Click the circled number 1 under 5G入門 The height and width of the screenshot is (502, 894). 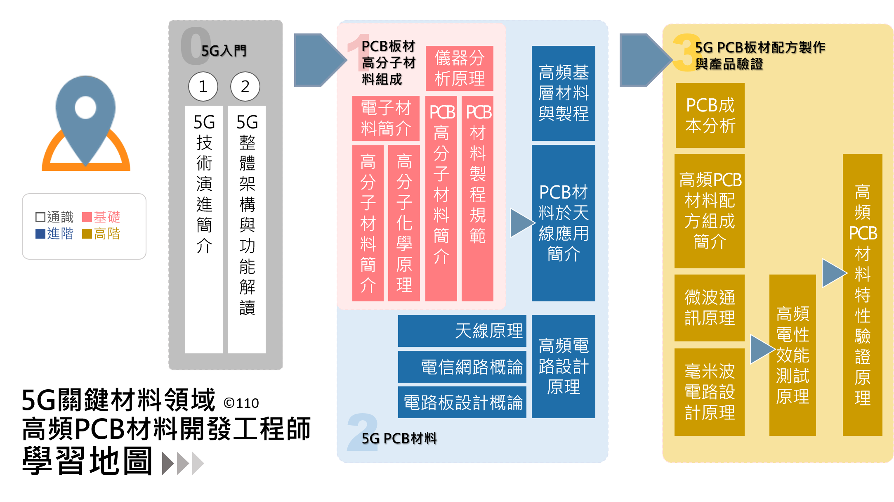[203, 87]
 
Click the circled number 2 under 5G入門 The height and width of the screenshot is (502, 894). [245, 87]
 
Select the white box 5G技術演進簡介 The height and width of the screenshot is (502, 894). [204, 229]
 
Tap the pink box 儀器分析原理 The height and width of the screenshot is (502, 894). [459, 68]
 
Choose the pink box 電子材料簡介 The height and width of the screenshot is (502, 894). [386, 118]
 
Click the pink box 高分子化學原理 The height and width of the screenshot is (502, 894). [404, 223]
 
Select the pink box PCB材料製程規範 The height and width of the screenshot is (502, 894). [477, 198]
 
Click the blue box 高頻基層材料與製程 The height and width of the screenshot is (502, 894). [563, 93]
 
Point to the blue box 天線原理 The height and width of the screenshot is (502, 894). [462, 331]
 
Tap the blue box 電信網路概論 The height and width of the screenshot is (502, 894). [462, 367]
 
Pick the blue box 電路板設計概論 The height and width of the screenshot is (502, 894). [462, 402]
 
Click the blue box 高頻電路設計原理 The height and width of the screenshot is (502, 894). [563, 366]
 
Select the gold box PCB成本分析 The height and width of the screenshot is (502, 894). [710, 115]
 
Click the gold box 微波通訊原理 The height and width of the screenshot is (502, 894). [710, 308]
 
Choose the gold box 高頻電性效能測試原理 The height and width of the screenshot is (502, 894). [793, 355]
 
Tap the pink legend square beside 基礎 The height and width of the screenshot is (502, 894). [87, 217]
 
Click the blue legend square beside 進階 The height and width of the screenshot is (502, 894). [40, 234]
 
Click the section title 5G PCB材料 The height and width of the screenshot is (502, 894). [399, 438]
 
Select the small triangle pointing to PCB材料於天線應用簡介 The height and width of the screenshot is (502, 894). [521, 223]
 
